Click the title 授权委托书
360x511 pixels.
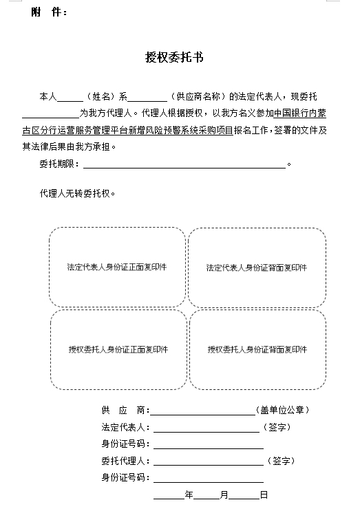point(174,57)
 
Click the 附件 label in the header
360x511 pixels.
point(49,12)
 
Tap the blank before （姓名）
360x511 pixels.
point(70,101)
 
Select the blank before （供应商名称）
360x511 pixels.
point(147,101)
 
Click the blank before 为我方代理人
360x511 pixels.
point(51,118)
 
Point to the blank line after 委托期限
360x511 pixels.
point(184,168)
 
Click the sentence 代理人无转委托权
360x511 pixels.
point(78,193)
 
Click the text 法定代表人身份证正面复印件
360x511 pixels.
point(117,268)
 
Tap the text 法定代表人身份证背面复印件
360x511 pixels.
point(257,268)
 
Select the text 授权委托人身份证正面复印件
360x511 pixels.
point(118,349)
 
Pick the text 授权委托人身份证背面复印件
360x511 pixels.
point(257,349)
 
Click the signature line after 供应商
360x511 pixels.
point(203,415)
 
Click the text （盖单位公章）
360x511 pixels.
point(282,410)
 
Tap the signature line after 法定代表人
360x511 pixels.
point(207,432)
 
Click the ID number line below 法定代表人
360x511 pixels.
point(209,448)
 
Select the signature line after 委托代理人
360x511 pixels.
point(209,465)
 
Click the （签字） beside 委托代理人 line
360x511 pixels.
point(281,461)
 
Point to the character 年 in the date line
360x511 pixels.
point(189,494)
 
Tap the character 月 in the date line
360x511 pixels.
point(224,494)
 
